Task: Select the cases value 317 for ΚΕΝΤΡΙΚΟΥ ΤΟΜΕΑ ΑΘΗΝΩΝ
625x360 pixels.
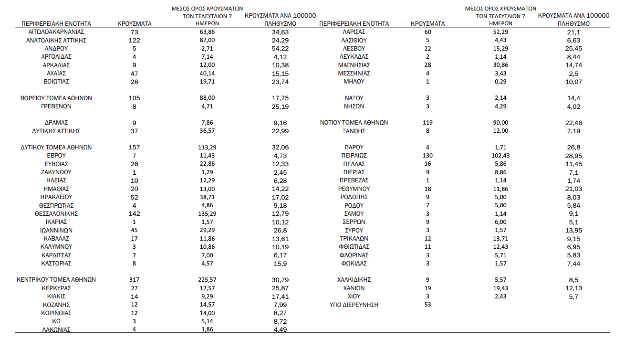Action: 134,280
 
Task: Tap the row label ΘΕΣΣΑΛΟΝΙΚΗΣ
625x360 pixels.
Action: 56,213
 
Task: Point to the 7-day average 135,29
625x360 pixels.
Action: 207,213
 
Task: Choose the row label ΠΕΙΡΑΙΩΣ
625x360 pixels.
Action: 354,156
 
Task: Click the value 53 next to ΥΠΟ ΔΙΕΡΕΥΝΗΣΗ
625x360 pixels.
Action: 427,305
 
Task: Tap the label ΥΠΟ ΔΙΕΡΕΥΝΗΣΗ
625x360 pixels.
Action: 354,305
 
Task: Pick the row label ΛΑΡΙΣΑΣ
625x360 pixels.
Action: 354,32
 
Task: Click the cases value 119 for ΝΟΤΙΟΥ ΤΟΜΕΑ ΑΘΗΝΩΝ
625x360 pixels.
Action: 427,123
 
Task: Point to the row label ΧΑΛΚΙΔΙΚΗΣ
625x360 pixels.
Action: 354,280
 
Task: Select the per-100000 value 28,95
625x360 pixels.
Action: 573,156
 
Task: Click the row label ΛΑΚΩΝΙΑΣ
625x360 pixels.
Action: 56,329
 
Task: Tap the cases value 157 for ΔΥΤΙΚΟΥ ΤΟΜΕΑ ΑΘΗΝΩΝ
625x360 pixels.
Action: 134,148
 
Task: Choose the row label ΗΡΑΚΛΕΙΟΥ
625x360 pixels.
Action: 56,197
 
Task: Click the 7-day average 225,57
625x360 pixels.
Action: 207,280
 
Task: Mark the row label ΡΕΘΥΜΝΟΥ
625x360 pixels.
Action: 354,189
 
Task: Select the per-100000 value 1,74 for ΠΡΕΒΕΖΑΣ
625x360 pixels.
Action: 573,180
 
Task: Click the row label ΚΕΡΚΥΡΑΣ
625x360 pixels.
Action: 56,288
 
